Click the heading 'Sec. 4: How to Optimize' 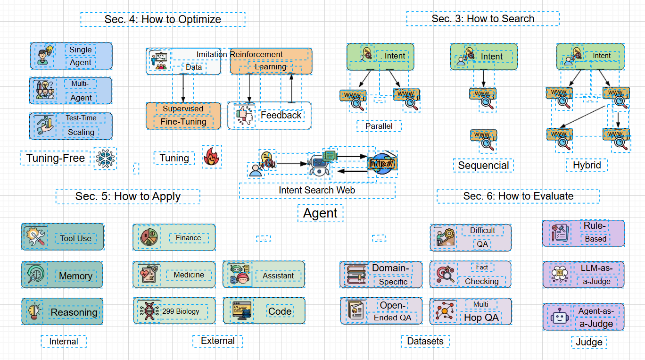point(163,19)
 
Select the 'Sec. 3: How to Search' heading point(483,19)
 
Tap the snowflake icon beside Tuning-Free point(105,158)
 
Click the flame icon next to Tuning point(212,157)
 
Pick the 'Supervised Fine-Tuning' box point(183,116)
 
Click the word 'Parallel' point(379,126)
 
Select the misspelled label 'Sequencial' point(483,166)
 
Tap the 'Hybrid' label point(587,165)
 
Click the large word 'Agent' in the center point(320,213)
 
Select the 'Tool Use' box point(62,237)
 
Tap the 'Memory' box point(62,275)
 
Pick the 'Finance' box point(174,237)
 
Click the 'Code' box point(264,310)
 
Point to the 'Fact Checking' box point(471,274)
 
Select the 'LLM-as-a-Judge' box point(583,275)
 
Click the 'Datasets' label point(425,341)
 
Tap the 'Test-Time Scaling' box point(71,126)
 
